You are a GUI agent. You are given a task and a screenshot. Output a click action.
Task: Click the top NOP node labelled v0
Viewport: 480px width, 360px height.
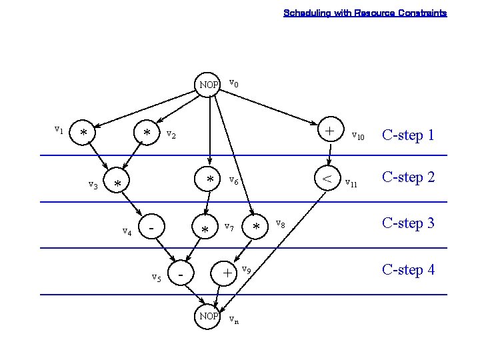(209, 85)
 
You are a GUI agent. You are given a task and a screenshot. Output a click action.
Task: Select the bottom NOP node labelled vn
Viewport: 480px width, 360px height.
(209, 316)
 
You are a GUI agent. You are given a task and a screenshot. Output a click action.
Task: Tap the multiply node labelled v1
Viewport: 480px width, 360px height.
(83, 133)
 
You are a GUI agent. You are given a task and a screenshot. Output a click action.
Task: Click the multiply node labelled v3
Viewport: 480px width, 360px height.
(118, 183)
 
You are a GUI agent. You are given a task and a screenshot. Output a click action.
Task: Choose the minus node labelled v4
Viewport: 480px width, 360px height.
(153, 228)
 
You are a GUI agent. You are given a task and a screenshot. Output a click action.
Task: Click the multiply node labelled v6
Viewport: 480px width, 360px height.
(209, 179)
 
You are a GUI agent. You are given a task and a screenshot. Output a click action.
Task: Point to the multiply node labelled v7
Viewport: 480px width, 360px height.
(205, 229)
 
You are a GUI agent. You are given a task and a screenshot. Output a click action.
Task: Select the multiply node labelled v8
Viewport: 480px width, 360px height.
(255, 227)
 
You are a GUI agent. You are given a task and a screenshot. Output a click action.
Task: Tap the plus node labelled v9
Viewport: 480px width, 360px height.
(227, 273)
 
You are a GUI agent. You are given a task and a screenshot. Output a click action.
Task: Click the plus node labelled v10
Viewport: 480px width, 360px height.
(329, 131)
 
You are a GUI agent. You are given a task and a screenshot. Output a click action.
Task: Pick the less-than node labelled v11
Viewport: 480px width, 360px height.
(327, 178)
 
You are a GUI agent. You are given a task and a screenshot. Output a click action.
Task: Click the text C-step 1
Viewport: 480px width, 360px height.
(407, 135)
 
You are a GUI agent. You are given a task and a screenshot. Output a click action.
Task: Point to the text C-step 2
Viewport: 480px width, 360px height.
(407, 177)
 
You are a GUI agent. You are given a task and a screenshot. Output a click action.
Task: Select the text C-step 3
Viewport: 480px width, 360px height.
(407, 223)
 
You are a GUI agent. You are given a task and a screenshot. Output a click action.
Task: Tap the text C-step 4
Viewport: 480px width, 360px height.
(407, 270)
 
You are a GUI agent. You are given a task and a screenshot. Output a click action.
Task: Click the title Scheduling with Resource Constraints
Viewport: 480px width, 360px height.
(365, 13)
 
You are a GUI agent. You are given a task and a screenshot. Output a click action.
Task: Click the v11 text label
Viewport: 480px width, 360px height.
(351, 183)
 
